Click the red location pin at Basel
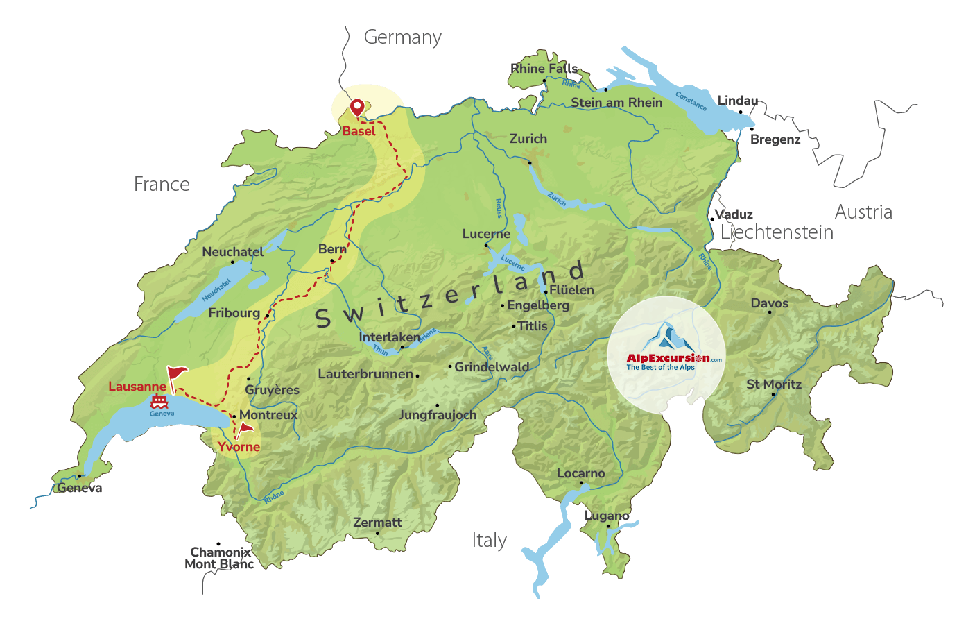tap(356, 107)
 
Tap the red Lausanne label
tap(137, 387)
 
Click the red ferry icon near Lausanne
tap(159, 401)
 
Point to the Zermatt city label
tap(377, 523)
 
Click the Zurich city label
tap(528, 139)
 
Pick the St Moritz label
tap(774, 384)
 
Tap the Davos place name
tap(770, 303)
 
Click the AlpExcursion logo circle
tap(666, 355)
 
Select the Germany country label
tap(403, 37)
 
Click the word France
tap(162, 185)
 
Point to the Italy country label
tap(490, 541)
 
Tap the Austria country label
tap(863, 212)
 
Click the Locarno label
tap(581, 473)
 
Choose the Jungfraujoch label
tap(438, 415)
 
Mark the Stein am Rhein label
tap(616, 103)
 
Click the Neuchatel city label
tap(233, 252)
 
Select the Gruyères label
tap(273, 390)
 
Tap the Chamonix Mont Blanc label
tap(220, 559)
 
